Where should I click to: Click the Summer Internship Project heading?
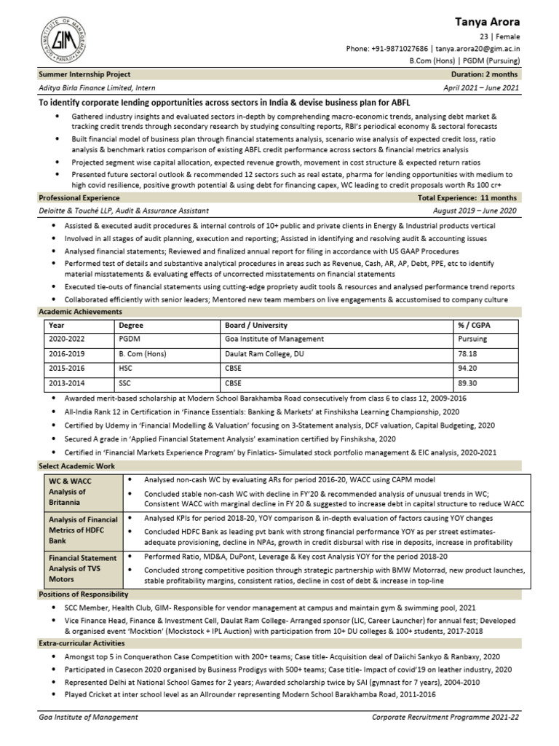tap(85, 74)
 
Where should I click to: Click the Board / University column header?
tap(256, 325)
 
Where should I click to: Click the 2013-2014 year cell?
tap(67, 382)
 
